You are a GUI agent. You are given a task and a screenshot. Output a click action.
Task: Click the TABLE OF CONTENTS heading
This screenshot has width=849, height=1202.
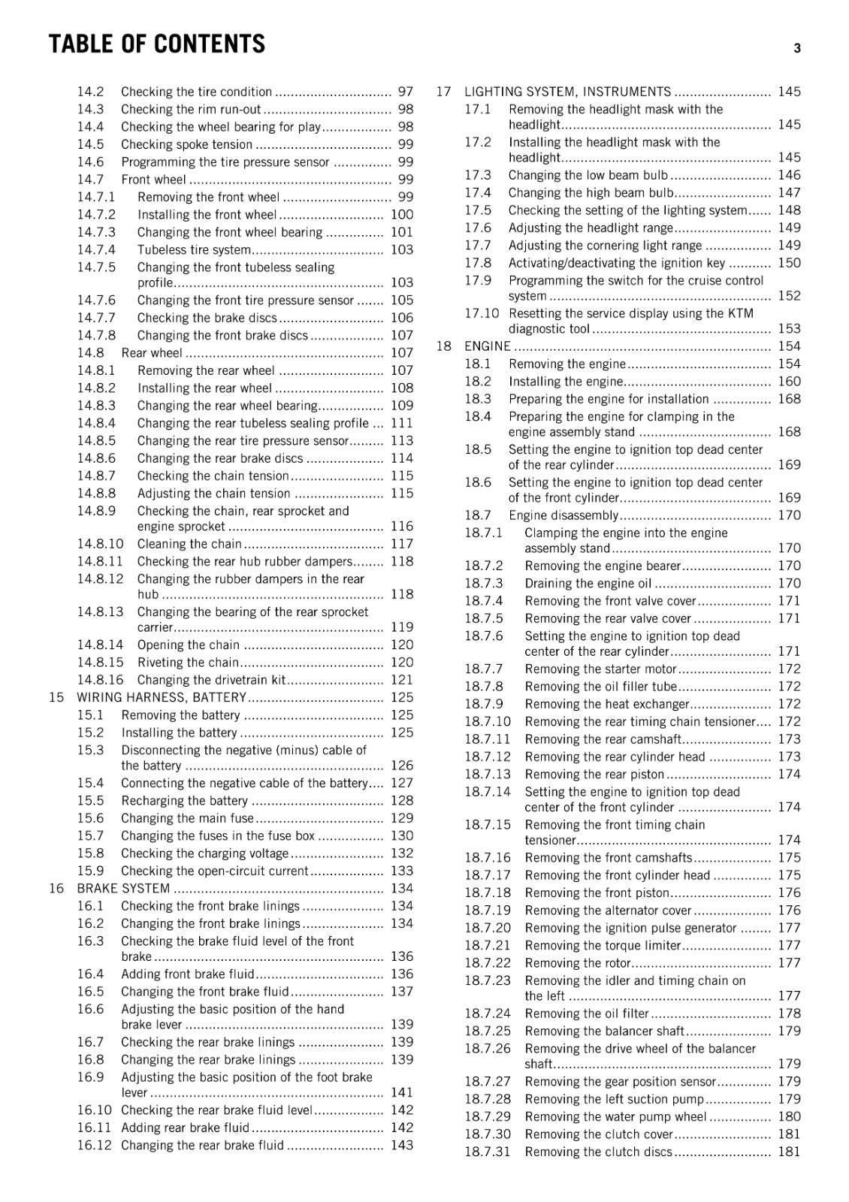pos(157,44)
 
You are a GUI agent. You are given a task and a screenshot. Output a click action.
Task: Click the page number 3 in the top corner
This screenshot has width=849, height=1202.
pos(797,48)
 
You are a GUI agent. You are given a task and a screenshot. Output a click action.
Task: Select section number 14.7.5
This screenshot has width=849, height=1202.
pos(96,267)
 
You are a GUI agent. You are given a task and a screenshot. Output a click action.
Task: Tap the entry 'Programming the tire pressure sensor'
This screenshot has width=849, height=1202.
pos(225,162)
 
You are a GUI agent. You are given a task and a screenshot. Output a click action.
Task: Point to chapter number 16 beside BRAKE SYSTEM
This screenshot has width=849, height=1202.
pos(56,888)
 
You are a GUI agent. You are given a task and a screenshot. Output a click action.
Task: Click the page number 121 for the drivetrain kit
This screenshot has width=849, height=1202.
pos(401,680)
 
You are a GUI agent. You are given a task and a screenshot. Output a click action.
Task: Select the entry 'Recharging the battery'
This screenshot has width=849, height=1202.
pos(184,801)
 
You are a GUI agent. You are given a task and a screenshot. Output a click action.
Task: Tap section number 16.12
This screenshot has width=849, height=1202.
pos(94,1145)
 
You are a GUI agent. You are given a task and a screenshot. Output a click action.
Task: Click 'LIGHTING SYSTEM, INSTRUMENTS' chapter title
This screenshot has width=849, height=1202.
pos(567,92)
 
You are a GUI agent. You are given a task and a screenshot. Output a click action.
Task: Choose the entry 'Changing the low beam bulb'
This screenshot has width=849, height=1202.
pos(588,175)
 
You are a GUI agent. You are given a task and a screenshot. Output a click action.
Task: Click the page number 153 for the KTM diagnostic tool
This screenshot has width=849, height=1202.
pos(789,328)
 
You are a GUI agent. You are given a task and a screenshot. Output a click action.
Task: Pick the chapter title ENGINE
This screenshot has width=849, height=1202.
pos(487,346)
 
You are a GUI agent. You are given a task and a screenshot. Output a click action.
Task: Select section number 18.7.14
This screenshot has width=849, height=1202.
pos(487,792)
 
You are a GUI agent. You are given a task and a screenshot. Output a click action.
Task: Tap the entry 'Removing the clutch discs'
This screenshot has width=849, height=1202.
pos(598,1152)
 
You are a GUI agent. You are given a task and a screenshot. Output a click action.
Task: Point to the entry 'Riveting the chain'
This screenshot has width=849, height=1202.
pos(188,663)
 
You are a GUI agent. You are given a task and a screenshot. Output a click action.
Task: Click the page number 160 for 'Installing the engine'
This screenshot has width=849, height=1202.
pos(789,382)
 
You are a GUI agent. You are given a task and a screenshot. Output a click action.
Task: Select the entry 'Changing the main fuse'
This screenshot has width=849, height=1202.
pos(187,818)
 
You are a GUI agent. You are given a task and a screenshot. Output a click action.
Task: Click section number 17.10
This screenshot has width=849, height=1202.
pos(481,313)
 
